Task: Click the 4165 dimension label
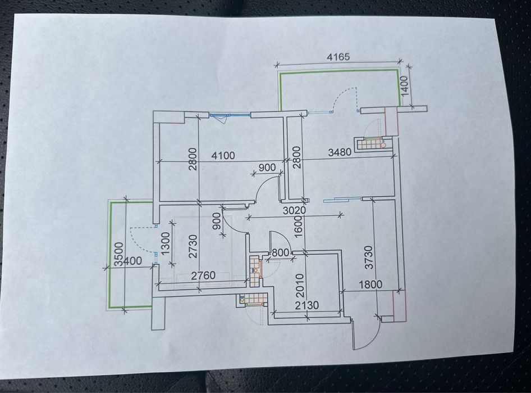[x=338, y=57]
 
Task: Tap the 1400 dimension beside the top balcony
[x=405, y=86]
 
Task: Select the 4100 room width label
[x=223, y=156]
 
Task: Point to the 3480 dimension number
[x=340, y=152]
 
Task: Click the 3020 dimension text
[x=294, y=210]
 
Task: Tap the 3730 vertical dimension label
[x=369, y=258]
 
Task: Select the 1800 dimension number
[x=370, y=284]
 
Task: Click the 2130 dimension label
[x=307, y=305]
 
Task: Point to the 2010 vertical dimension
[x=300, y=285]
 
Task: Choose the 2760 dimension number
[x=203, y=275]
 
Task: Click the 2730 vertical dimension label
[x=193, y=246]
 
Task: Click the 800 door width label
[x=281, y=252]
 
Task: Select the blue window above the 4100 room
[x=229, y=115]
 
